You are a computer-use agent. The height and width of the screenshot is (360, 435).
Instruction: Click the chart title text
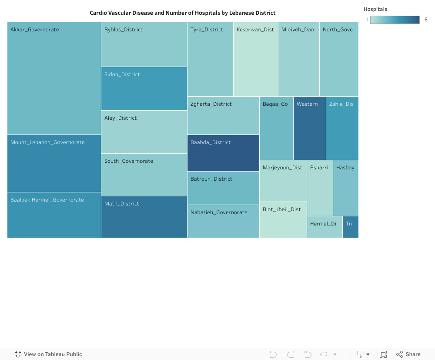coord(182,13)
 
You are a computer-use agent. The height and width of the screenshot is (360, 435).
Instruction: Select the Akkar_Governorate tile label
coord(35,30)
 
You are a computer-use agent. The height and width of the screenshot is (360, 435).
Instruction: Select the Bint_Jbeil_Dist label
coord(282,209)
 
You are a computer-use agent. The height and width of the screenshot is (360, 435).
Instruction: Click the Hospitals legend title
coord(375,9)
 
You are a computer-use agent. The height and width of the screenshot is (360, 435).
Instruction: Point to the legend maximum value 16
coord(425,20)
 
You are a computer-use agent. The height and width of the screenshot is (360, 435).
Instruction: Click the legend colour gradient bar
coord(395,20)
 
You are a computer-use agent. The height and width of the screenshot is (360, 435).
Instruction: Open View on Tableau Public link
coord(48,354)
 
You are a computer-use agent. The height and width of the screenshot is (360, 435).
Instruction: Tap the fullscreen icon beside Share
coord(383,354)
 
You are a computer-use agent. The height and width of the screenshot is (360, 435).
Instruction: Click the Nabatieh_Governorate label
coord(219,212)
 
